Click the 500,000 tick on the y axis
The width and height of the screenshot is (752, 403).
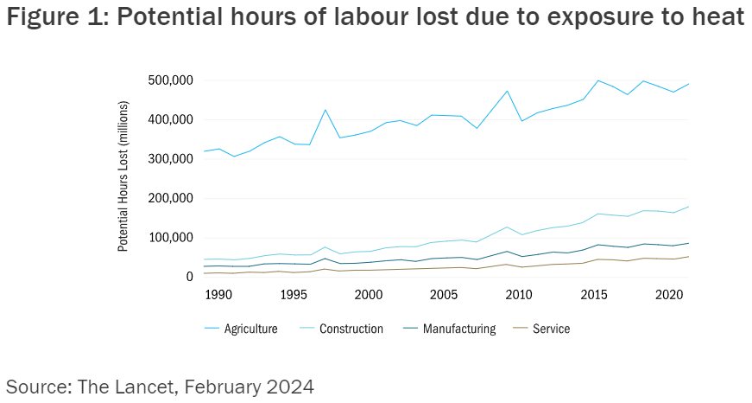[x=170, y=80]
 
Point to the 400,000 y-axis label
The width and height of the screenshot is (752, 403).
[x=170, y=119]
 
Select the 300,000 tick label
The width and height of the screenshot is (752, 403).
[x=170, y=159]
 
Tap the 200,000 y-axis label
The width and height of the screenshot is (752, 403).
[x=170, y=198]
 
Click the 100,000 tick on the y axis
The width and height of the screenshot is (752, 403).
[x=170, y=238]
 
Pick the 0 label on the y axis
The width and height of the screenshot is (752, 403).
[x=189, y=277]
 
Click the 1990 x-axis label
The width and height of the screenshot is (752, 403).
[x=218, y=295]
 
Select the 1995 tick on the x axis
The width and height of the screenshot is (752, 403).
[x=294, y=295]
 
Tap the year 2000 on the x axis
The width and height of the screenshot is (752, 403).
[x=369, y=295]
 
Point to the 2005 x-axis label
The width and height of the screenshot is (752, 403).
[x=444, y=295]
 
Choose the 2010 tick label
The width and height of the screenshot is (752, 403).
[x=519, y=295]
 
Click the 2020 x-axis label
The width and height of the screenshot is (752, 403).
[x=669, y=295]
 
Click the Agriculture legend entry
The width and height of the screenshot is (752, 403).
[x=250, y=329]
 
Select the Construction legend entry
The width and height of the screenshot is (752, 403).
[x=351, y=329]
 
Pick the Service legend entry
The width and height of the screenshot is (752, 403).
[x=551, y=329]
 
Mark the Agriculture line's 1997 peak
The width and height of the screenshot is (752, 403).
[x=325, y=110]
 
